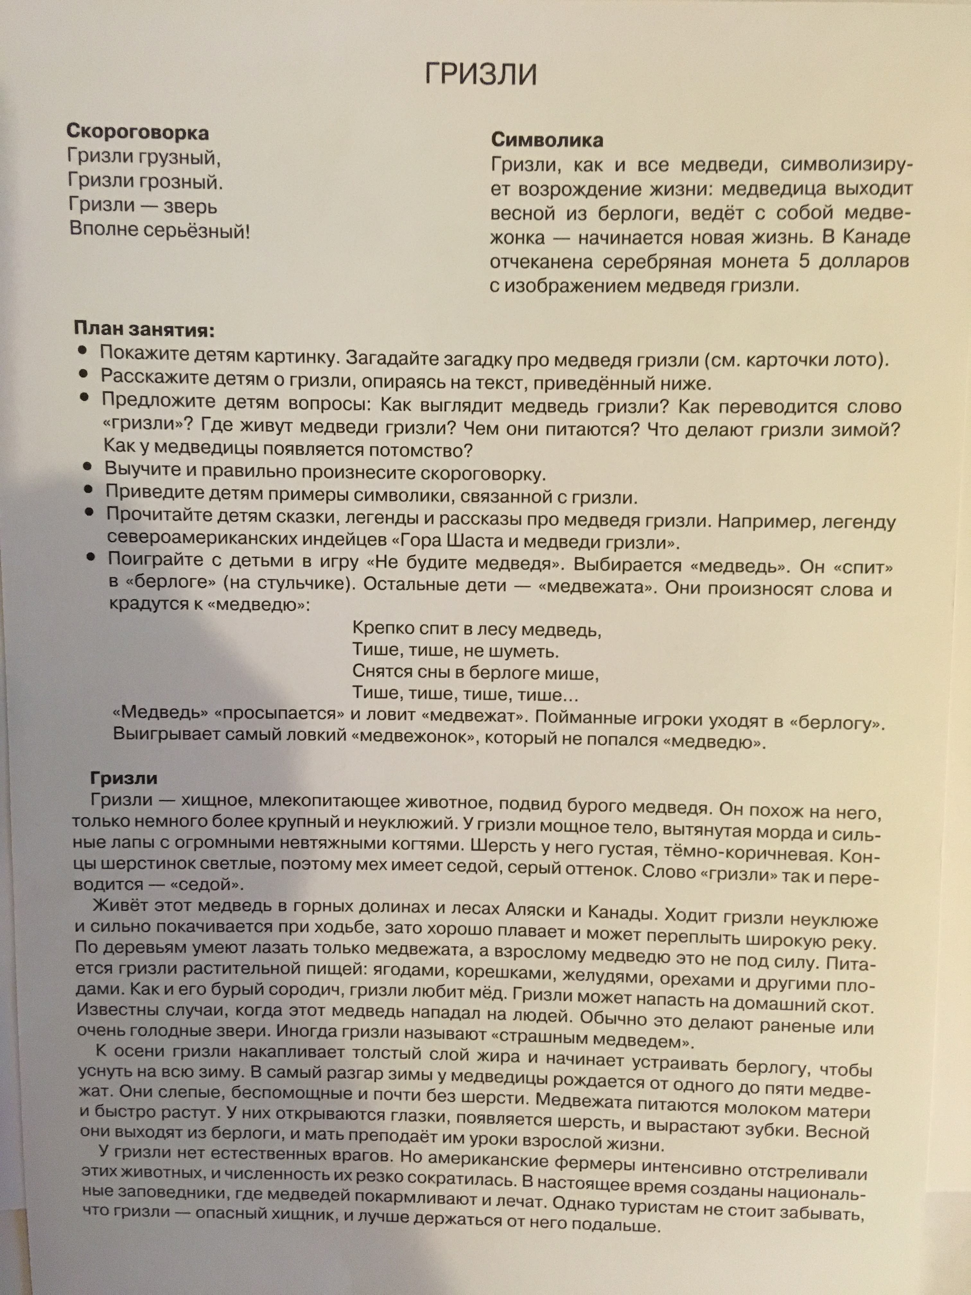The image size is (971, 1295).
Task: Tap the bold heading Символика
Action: (547, 140)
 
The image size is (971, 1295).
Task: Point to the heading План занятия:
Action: (144, 330)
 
